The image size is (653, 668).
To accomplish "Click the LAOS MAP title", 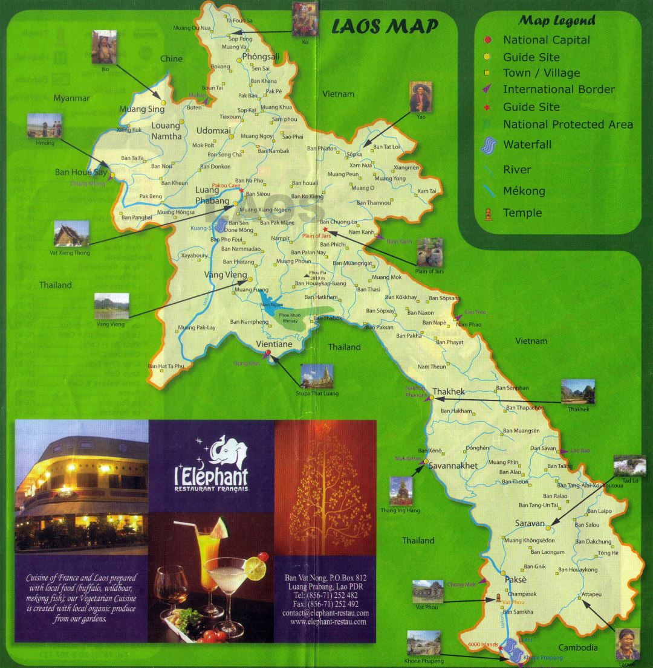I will tap(386, 27).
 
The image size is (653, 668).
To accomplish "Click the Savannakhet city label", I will tap(453, 466).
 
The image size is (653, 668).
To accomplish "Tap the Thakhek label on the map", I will tap(449, 391).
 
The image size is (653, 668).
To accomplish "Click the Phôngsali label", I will tap(261, 57).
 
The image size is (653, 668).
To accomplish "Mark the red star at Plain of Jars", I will tap(325, 230).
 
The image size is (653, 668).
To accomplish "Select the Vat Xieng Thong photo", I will tap(71, 234).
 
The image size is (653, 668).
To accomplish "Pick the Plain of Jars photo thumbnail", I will tap(429, 252).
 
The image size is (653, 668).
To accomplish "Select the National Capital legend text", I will tap(547, 40).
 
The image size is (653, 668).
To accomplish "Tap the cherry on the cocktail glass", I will tap(261, 555).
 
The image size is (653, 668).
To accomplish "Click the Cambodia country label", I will tap(578, 647).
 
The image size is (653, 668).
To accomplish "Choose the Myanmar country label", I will tap(71, 98).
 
